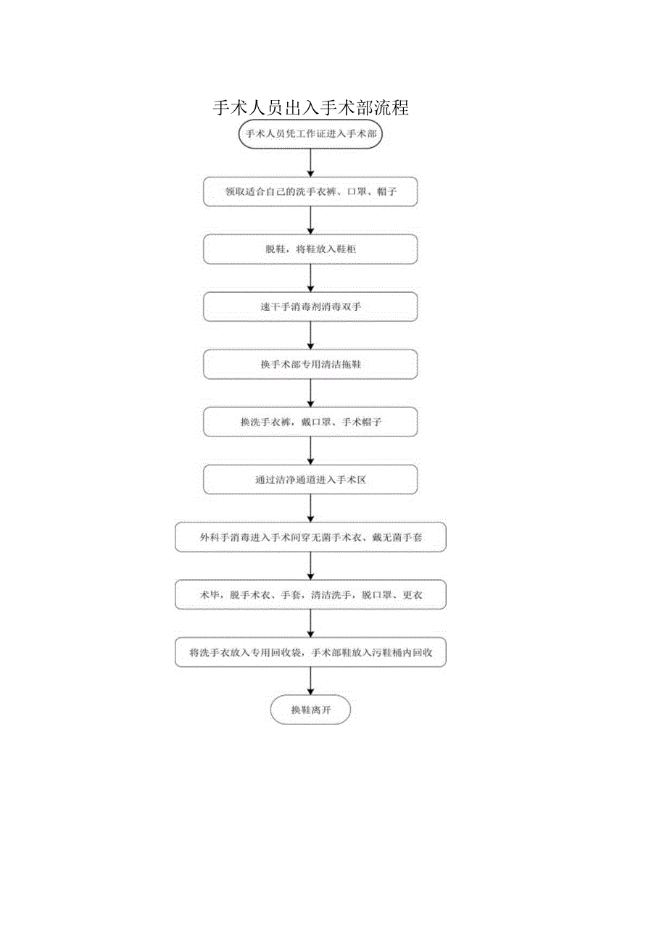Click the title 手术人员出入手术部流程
click(311, 108)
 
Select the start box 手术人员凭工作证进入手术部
click(310, 134)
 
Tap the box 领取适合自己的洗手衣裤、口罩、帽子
click(310, 192)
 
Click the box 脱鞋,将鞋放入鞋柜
click(310, 249)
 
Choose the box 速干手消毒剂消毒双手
click(310, 307)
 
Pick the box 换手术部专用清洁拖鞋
click(310, 364)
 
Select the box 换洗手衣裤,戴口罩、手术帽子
click(310, 422)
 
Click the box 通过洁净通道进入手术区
click(310, 480)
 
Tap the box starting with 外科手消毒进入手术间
click(310, 537)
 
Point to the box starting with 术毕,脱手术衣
click(310, 595)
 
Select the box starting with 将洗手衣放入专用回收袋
click(310, 652)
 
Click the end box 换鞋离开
click(310, 710)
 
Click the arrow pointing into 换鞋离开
click(310, 682)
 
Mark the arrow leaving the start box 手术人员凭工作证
click(310, 163)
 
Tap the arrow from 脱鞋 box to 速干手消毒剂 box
click(310, 278)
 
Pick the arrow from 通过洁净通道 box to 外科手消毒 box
click(310, 509)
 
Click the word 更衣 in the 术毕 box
click(413, 595)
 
